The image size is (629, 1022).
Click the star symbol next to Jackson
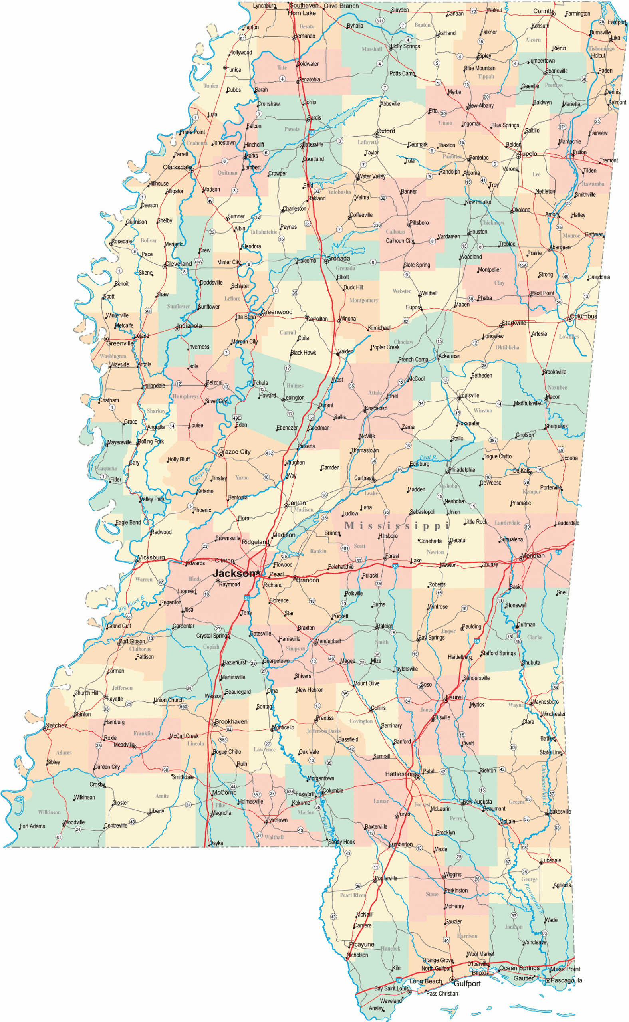[x=258, y=573]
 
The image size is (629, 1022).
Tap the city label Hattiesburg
[x=400, y=774]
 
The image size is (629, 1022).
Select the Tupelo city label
[x=528, y=153]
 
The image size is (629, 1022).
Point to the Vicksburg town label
[x=151, y=557]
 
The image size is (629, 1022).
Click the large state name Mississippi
[x=397, y=525]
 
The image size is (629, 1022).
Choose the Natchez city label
[x=56, y=725]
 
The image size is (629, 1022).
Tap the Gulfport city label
[x=467, y=983]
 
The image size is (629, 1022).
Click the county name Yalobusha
[x=339, y=192]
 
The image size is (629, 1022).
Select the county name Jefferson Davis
[x=323, y=731]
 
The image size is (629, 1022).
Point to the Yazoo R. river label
[x=200, y=475]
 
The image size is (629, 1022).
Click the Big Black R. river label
[x=131, y=604]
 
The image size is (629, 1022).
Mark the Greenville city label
[x=120, y=343]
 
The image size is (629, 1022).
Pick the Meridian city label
[x=533, y=555]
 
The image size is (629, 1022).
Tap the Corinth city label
[x=543, y=11]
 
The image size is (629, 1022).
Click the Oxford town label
[x=386, y=131]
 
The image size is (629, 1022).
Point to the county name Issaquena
[x=106, y=469]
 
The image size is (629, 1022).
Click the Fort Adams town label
[x=32, y=826]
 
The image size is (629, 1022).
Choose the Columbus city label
[x=583, y=316]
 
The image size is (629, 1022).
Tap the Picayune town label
[x=361, y=944]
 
